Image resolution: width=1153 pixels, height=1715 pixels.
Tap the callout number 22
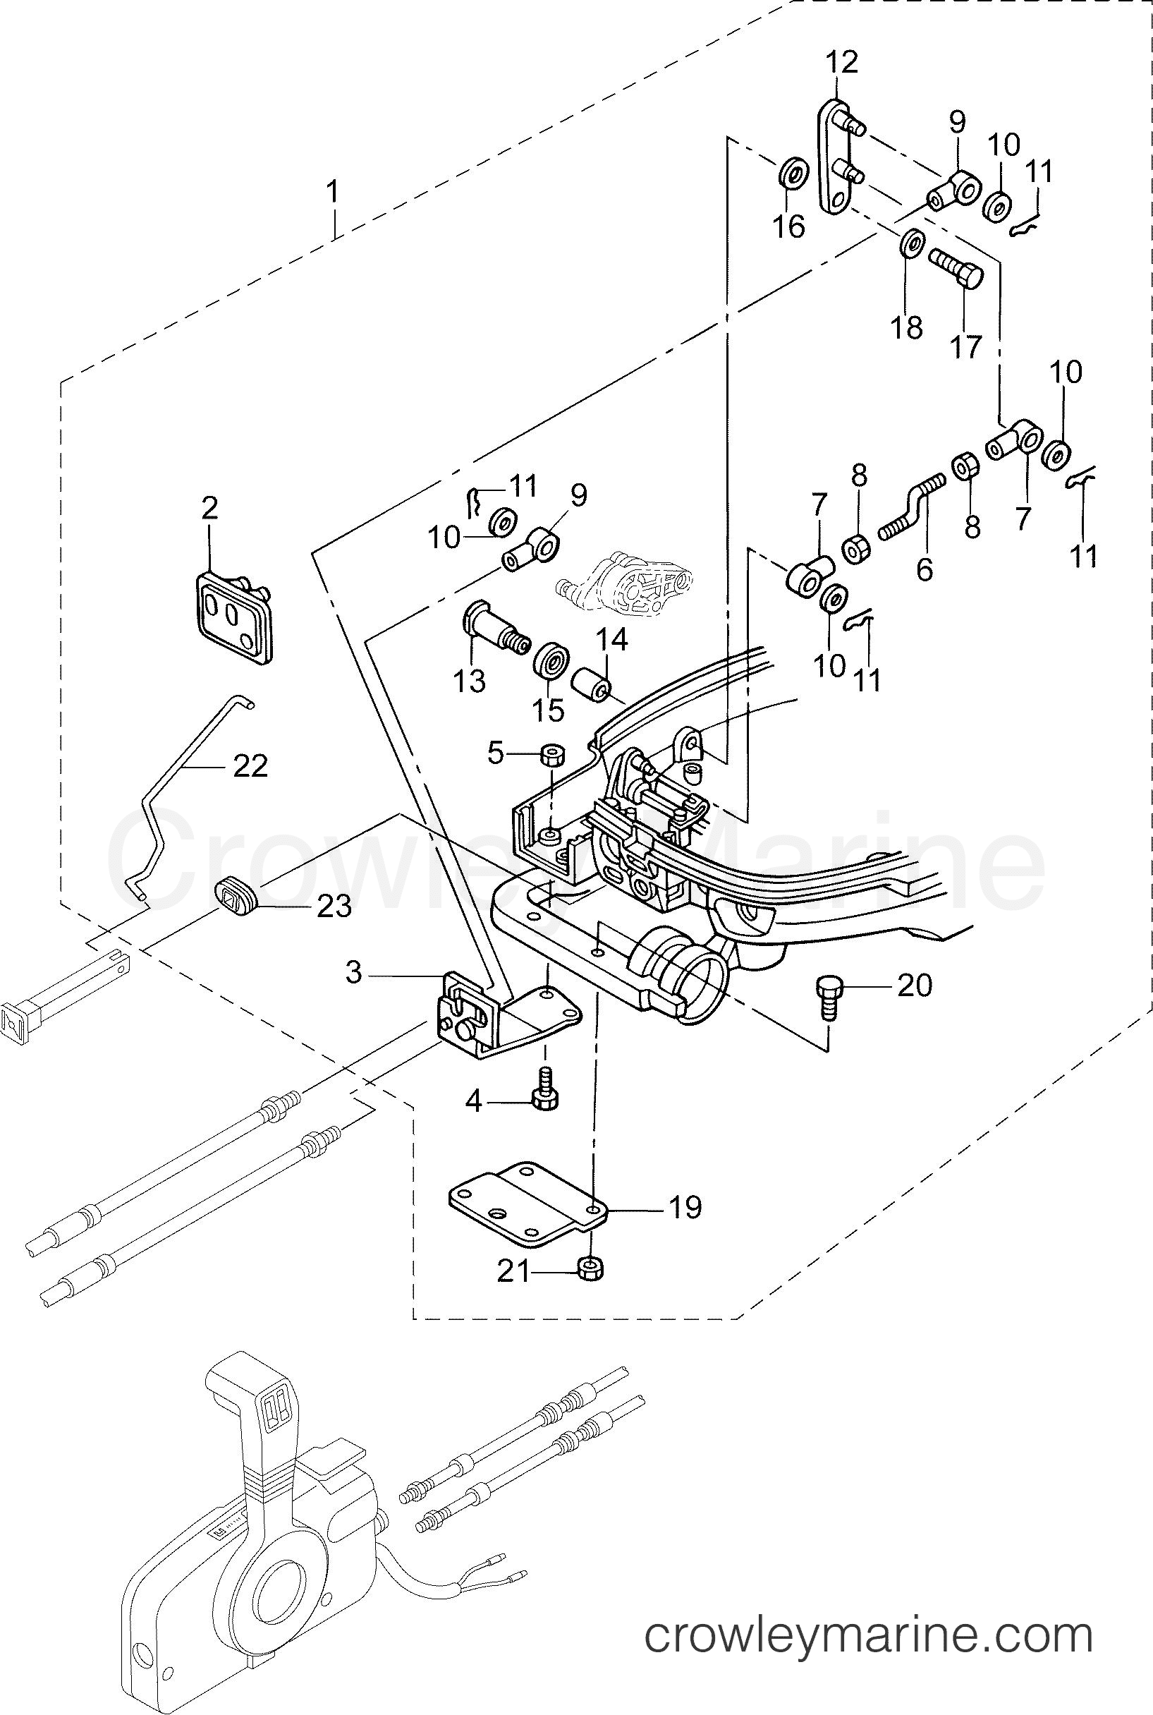coord(250,766)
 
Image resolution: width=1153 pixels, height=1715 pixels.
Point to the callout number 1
coord(333,193)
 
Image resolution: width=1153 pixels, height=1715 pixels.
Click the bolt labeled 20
coord(829,998)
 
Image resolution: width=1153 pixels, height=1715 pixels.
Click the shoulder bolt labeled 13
coord(495,627)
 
